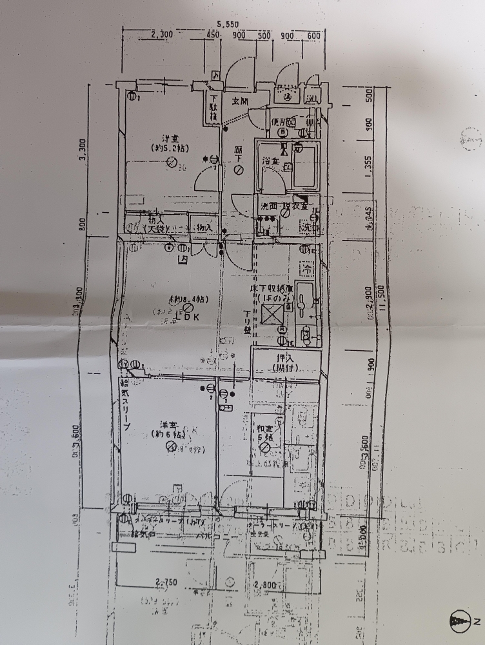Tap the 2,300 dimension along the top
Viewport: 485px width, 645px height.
[x=161, y=35]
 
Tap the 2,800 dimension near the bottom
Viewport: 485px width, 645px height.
[x=264, y=586]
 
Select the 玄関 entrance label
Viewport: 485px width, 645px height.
[x=240, y=101]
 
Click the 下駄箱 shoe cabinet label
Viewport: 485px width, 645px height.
[x=212, y=108]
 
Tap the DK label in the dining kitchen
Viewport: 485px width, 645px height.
[x=192, y=316]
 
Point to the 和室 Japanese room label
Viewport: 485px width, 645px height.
[x=264, y=432]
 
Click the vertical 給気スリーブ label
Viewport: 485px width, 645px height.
[x=126, y=406]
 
